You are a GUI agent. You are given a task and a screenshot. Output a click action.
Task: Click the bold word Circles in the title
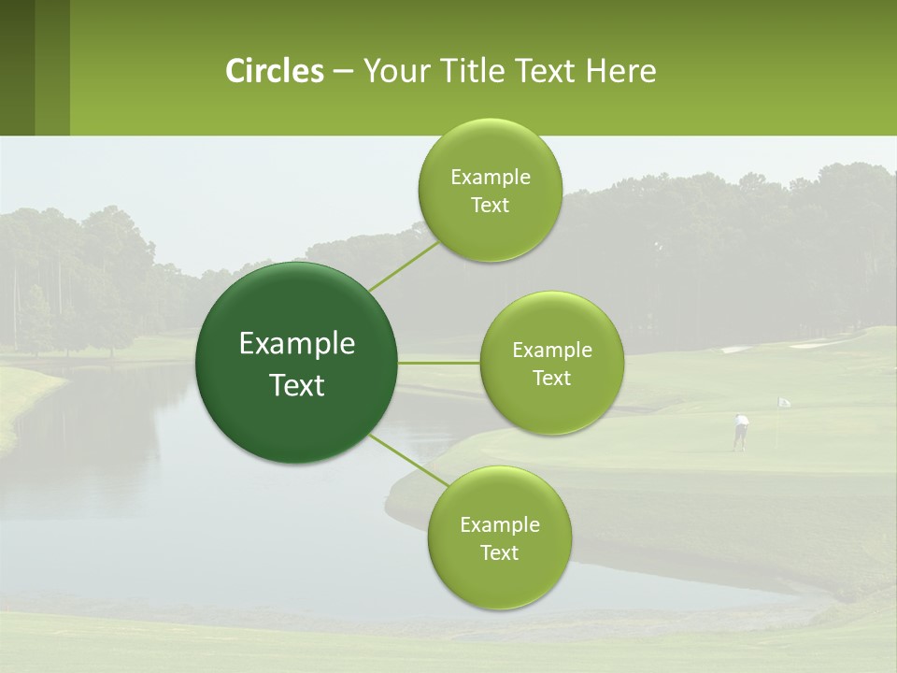tap(274, 71)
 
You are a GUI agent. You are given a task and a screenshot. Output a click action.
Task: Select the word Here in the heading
tap(621, 71)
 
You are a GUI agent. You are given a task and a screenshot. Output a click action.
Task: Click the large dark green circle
tap(297, 363)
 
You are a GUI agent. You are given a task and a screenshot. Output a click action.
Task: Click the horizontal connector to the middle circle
tap(439, 363)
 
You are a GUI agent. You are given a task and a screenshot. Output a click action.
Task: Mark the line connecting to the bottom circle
tap(408, 460)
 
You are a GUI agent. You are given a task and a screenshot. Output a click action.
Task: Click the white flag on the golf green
tap(784, 402)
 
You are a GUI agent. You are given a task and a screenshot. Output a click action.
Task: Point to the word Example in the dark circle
tap(297, 344)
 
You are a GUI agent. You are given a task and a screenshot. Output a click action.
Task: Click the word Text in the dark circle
tap(297, 385)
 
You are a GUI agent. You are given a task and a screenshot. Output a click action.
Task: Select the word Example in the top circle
tap(490, 178)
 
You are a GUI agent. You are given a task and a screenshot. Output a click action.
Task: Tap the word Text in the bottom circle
tap(499, 552)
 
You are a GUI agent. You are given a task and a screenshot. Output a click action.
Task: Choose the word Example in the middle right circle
tap(551, 351)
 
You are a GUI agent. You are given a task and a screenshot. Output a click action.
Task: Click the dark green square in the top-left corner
tap(17, 67)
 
